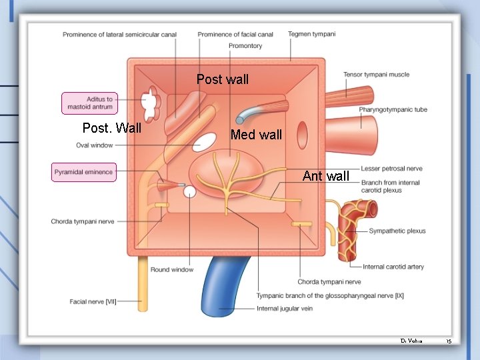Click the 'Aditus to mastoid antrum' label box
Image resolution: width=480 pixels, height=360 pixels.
point(90,103)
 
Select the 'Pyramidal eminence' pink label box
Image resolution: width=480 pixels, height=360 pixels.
point(84,172)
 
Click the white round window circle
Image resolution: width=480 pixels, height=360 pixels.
point(190,192)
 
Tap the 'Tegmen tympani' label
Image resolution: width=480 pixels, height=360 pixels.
point(312,34)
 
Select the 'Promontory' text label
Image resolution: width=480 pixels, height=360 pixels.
point(245,46)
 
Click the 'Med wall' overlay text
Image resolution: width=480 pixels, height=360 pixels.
point(256,135)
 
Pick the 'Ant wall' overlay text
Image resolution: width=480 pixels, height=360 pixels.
point(325,177)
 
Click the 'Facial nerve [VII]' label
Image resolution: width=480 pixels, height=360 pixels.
point(93,302)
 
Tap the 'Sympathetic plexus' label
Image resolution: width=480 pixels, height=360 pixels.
point(397,231)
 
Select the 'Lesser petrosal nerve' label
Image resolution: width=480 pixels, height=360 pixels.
point(391,169)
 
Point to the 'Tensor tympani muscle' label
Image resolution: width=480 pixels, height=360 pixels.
point(377,75)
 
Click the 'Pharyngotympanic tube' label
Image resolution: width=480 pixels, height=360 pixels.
point(393,109)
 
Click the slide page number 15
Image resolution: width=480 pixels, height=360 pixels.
point(449,341)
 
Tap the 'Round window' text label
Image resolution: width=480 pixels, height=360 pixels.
point(172,270)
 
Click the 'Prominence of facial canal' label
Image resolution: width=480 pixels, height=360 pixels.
point(235,34)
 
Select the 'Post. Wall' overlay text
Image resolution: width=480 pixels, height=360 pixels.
point(111,128)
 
